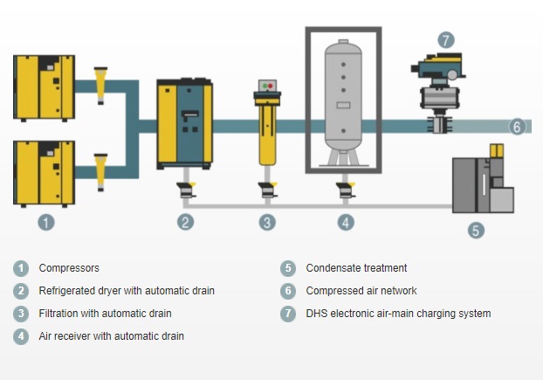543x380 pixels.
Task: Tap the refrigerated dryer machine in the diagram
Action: coord(184,123)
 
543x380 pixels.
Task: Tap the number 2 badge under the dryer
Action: coord(185,222)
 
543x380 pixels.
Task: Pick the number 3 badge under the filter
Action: coord(267,222)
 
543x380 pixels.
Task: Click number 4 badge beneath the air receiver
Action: coord(346,222)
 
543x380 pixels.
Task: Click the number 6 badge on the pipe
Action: coord(517,128)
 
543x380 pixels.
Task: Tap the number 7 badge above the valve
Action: coord(446,39)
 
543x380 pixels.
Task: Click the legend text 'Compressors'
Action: coord(69,268)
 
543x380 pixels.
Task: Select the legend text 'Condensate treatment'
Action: coord(356,268)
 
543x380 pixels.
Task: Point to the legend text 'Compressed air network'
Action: coord(361,291)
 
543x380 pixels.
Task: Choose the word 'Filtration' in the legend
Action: coord(62,314)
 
